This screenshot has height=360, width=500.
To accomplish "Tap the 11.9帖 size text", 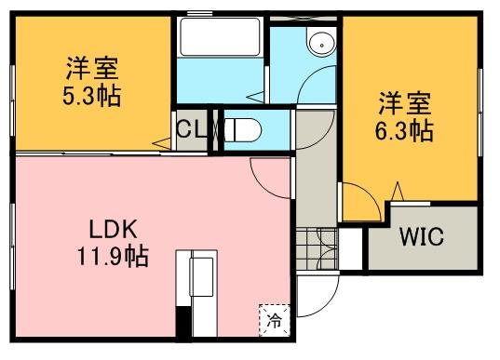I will click(x=115, y=254).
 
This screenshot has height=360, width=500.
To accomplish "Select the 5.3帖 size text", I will click(x=92, y=96).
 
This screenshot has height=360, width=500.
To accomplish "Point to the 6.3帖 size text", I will click(x=405, y=129).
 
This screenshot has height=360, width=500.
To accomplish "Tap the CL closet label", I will click(x=194, y=129).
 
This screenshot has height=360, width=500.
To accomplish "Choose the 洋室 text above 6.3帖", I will click(x=404, y=101).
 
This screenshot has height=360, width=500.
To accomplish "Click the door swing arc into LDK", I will click(x=270, y=177).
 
